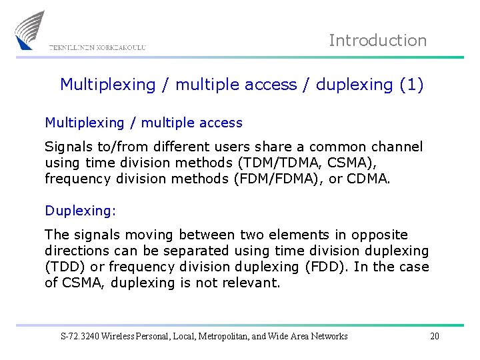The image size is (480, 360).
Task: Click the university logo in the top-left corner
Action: click(x=30, y=30)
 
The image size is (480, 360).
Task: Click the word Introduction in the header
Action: click(x=377, y=41)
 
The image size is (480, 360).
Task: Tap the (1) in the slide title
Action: click(x=411, y=85)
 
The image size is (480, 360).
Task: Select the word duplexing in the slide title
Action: click(x=354, y=85)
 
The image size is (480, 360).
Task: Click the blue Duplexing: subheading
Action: click(x=80, y=211)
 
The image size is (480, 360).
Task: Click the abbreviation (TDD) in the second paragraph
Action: click(x=62, y=267)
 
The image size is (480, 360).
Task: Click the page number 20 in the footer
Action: click(x=434, y=336)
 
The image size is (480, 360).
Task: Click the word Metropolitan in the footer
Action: click(x=223, y=336)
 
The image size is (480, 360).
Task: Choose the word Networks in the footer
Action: click(x=327, y=336)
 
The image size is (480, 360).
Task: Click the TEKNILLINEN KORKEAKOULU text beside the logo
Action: click(x=97, y=48)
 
